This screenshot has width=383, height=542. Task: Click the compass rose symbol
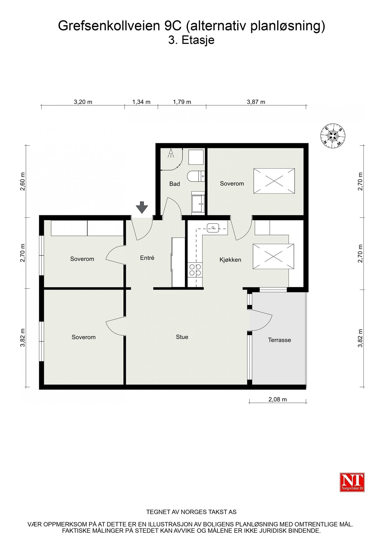pos(333,136)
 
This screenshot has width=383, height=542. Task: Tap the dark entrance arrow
pos(142,207)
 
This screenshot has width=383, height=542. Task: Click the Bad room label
pos(175,184)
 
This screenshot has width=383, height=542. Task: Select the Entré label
pos(147,258)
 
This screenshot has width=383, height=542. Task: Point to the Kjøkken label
pos(230,260)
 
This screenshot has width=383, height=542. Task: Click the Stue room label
pos(182,337)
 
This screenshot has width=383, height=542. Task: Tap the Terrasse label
pos(279,340)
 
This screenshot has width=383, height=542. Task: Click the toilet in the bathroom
pos(195,176)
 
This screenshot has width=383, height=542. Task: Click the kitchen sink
pos(213,228)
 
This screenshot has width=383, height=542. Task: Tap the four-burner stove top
pos(195,270)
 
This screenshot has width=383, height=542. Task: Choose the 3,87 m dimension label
pos(256,102)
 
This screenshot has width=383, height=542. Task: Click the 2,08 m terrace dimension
pos(277,399)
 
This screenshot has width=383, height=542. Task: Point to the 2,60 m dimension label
pos(23,181)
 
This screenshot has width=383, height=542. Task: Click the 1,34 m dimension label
pos(141,102)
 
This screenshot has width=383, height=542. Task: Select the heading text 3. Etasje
pos(191,40)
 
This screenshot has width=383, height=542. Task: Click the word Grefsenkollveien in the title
pos(108,26)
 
